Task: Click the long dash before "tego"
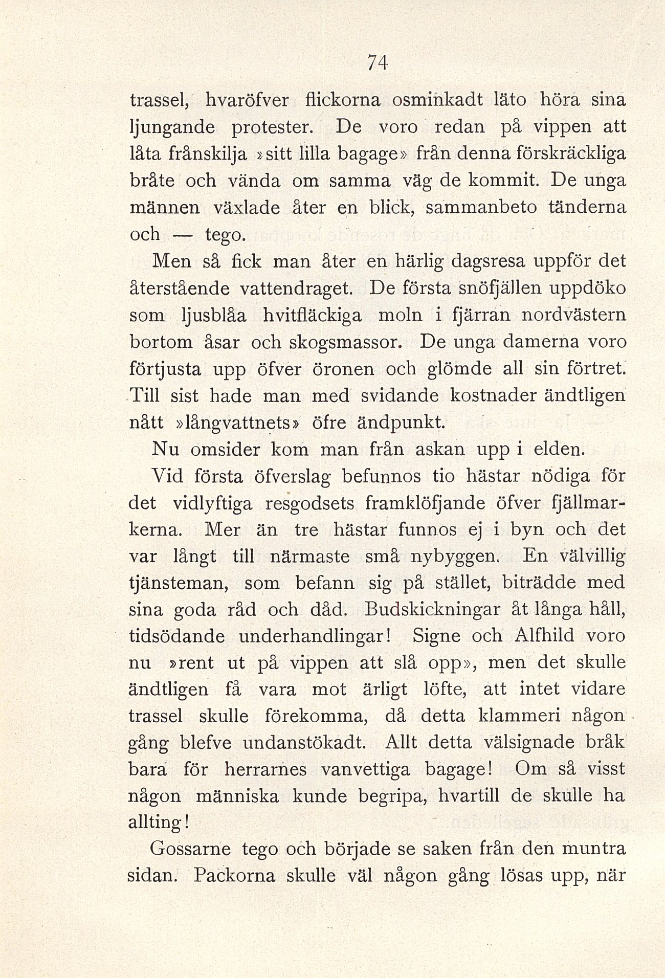click(x=183, y=235)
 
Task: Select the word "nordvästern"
click(x=573, y=315)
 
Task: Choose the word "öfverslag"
click(x=293, y=476)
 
